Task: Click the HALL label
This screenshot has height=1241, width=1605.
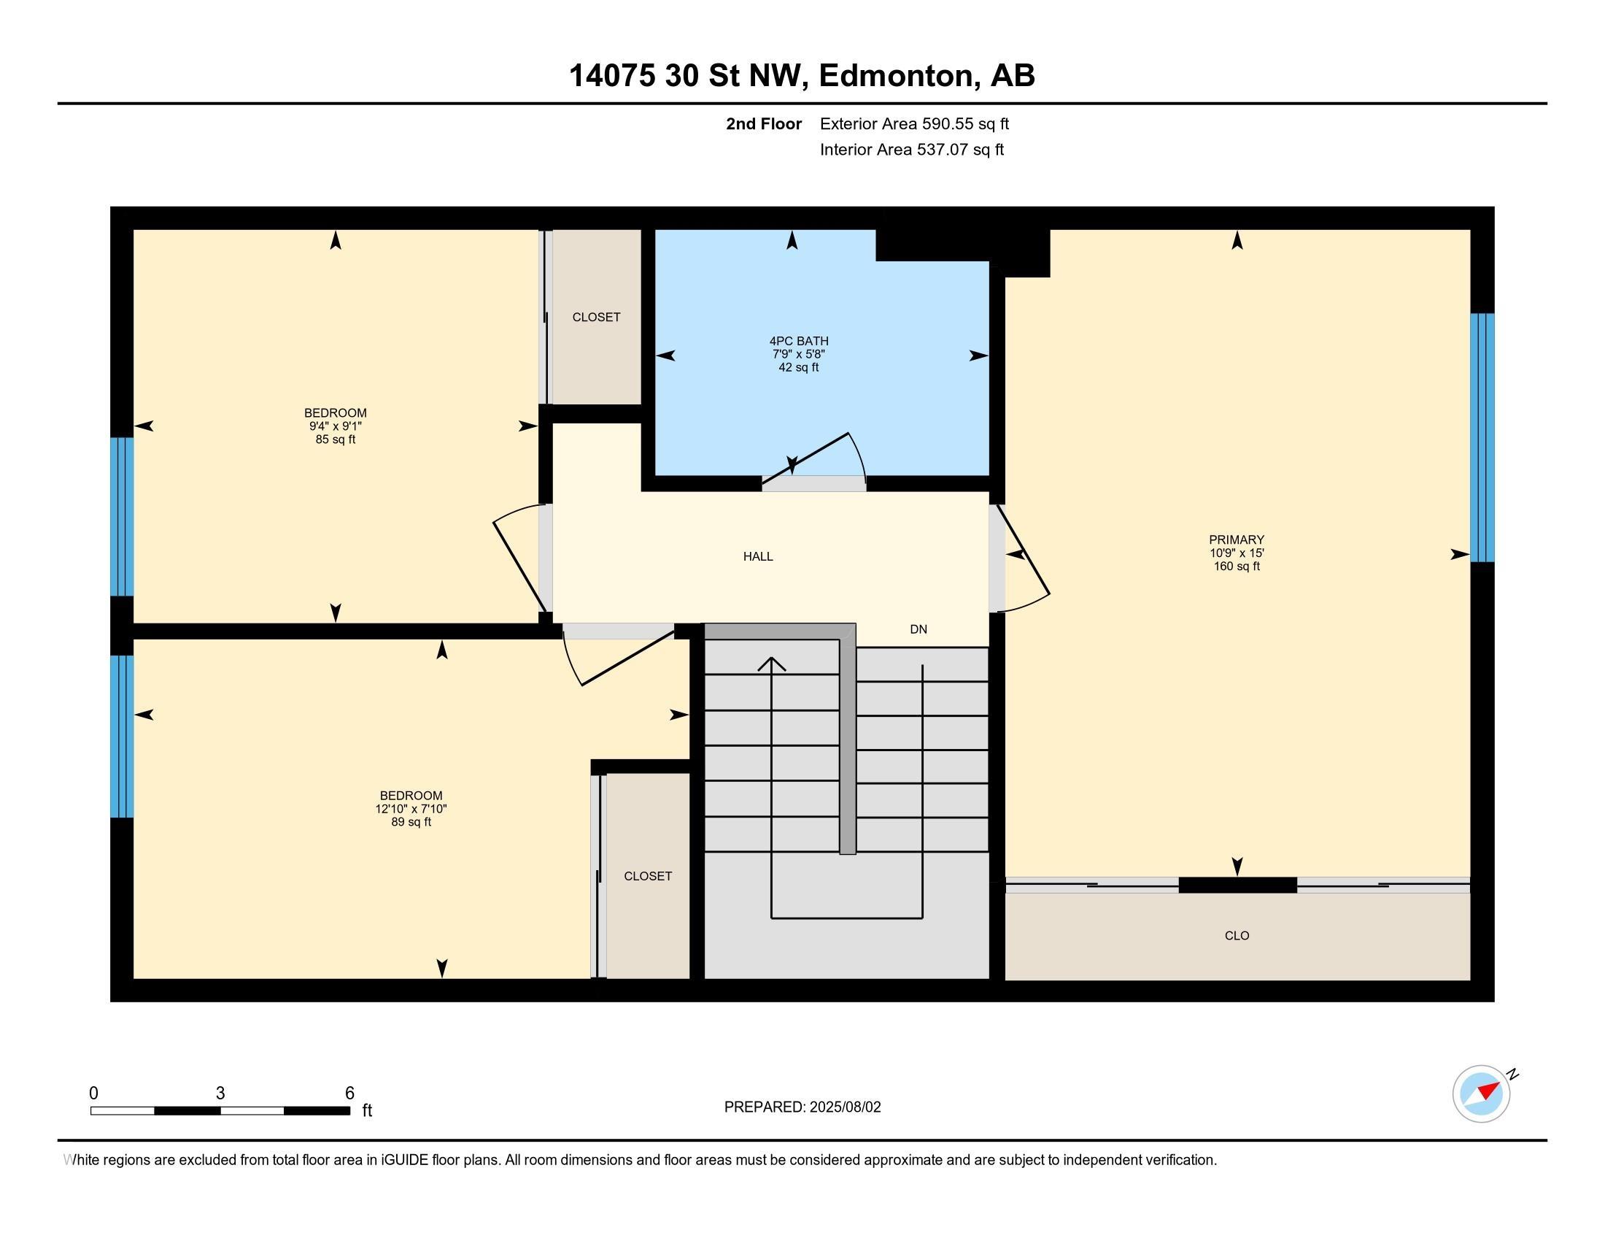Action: coord(758,556)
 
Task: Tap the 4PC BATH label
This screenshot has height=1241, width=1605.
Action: coord(799,341)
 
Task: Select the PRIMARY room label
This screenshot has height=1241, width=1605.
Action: coord(1237,539)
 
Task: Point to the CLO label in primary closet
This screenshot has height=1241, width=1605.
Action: coord(1237,935)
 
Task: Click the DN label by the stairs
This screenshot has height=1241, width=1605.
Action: coord(918,629)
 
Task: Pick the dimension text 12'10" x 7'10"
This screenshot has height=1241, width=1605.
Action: coord(411,809)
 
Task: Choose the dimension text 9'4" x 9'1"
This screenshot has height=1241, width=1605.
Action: coord(335,426)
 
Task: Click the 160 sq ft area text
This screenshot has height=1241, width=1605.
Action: coord(1237,566)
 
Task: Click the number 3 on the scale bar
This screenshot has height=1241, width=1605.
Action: coord(220,1094)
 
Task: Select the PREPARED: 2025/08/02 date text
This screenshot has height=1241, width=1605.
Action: coord(802,1107)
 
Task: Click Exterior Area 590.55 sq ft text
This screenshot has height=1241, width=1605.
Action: coord(914,123)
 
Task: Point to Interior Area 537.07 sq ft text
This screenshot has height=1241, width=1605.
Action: coord(912,149)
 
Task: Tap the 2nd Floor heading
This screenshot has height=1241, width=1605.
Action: coord(764,123)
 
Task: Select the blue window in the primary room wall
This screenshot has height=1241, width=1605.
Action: coord(1482,437)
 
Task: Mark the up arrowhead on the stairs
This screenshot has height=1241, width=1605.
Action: coord(772,664)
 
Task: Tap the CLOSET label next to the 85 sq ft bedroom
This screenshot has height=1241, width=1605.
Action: coord(596,317)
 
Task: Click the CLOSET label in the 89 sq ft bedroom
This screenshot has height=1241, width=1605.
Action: coord(647,875)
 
